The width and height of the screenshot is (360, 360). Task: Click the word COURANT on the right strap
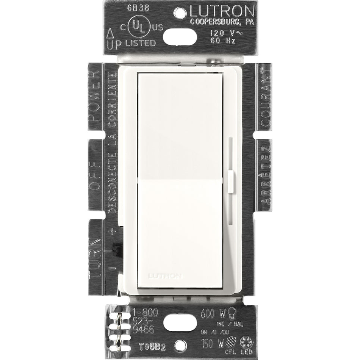265,100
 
